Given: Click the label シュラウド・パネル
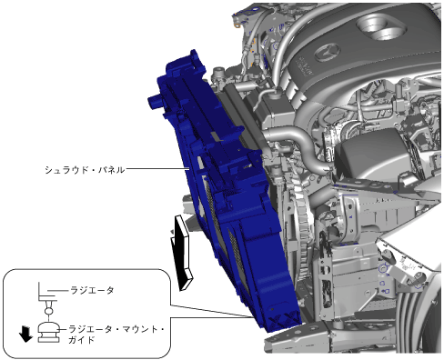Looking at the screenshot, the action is [x=85, y=169].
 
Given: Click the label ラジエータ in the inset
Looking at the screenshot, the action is [x=92, y=290].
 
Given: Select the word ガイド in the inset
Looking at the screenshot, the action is [x=82, y=340].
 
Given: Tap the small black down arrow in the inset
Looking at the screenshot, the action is [x=25, y=334].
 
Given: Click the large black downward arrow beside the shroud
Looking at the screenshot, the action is [x=182, y=252].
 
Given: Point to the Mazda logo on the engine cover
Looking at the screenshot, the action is [x=327, y=53].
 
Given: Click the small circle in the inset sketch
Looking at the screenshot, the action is [x=48, y=311].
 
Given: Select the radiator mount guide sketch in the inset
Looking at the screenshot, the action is [x=48, y=333].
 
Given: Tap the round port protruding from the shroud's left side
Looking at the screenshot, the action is [x=156, y=102].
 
